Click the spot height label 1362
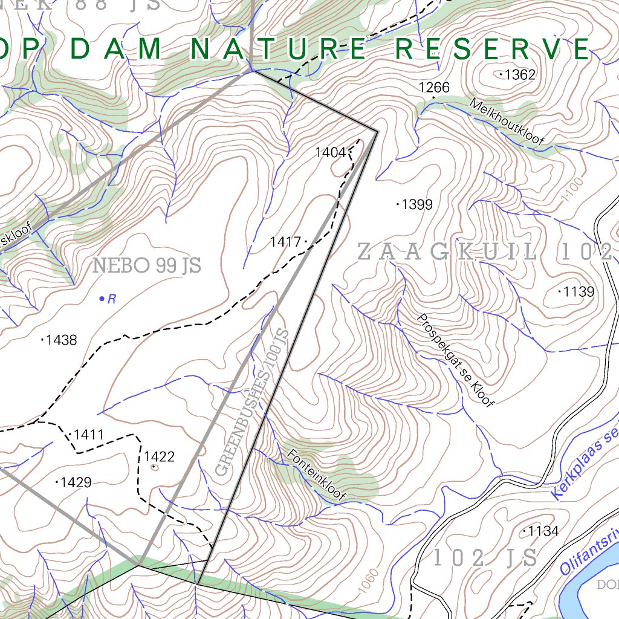pos(520,75)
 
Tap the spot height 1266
pos(434,88)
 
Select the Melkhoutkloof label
pos(507,123)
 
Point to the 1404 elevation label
pos(330,152)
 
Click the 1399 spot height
pos(417,204)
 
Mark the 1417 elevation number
pos(285,242)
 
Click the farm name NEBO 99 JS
pos(147,265)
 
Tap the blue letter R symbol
pos(111,299)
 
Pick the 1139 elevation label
pos(578,292)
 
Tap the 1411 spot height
pos(88,435)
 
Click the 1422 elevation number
pos(159,456)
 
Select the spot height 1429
pos(76,482)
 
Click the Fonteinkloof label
pos(317,475)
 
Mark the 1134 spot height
pos(543,531)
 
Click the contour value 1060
pos(371,581)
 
